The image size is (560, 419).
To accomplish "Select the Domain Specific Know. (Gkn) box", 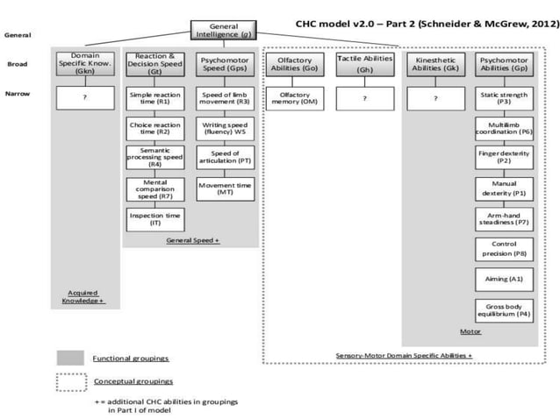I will pos(84,64).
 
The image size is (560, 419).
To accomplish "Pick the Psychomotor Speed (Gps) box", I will pos(223,64).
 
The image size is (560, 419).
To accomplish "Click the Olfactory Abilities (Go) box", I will pos(295,64).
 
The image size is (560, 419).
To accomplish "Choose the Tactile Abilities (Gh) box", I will pos(364,64).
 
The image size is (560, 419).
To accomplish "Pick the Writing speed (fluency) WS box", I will pos(223,129).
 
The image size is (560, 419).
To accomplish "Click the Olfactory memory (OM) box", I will pos(295,98).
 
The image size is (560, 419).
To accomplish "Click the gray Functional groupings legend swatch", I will pos(69,358).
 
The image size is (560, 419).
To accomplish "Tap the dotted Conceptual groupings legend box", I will pos(69,381).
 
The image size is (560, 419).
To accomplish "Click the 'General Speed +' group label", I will pos(192,239).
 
